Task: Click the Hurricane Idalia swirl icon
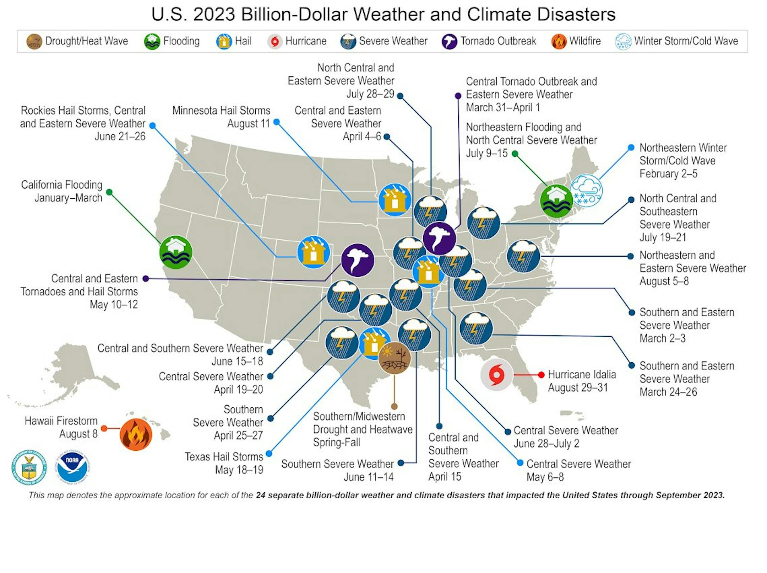coord(497,375)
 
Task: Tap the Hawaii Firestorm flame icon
coord(136,434)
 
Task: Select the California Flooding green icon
coord(175,252)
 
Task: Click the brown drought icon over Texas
coord(394,358)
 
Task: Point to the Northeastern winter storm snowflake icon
coord(586,191)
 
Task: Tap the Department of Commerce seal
coord(29,467)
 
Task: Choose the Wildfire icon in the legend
coord(559,42)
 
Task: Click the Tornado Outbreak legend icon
coord(450,42)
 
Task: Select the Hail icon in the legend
coord(224,42)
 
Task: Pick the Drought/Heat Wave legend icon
coord(34,42)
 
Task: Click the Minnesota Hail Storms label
coord(221,117)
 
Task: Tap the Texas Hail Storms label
coord(224,463)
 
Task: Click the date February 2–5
coord(668,174)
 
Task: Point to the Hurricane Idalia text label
coord(582,381)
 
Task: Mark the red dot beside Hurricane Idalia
coord(541,375)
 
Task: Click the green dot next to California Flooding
coord(109,192)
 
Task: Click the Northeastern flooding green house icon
coord(556,201)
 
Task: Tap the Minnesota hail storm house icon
coord(395,200)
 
